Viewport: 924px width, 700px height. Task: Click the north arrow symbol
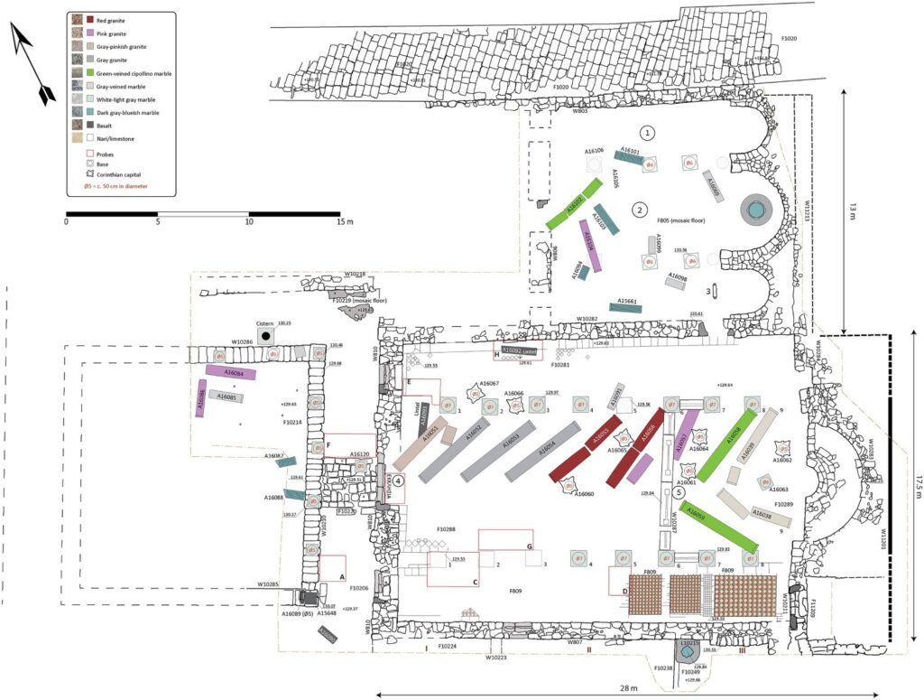pyautogui.click(x=29, y=60)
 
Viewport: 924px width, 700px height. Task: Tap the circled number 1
pyautogui.click(x=648, y=132)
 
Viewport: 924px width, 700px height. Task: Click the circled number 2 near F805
pyautogui.click(x=639, y=210)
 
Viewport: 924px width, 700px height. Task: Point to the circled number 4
pyautogui.click(x=397, y=481)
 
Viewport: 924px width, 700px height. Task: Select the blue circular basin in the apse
pyautogui.click(x=755, y=210)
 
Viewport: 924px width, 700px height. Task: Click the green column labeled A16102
pyautogui.click(x=574, y=204)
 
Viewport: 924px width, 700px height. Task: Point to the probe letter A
pyautogui.click(x=342, y=575)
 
